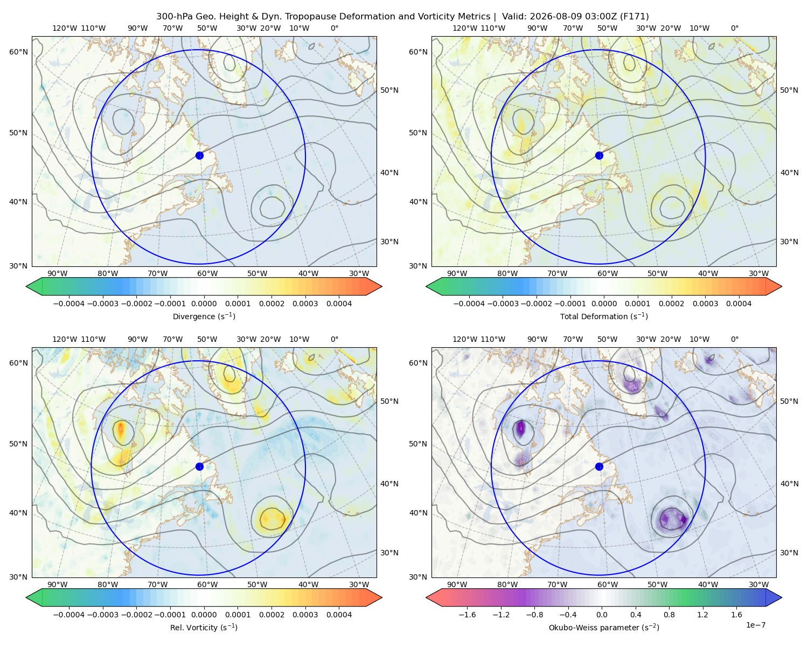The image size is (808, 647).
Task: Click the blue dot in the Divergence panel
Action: tap(199, 155)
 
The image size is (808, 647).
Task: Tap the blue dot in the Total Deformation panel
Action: tap(599, 155)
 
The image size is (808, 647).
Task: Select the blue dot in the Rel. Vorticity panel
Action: tap(199, 466)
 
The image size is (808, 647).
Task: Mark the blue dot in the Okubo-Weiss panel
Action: tap(599, 466)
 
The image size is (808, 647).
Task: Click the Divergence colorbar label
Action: tap(204, 316)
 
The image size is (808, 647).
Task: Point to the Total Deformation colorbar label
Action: tap(604, 316)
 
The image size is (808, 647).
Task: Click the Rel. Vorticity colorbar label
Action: tap(204, 627)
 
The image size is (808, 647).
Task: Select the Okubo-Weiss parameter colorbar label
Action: tap(604, 627)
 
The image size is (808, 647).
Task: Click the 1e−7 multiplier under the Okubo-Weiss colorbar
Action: tap(755, 625)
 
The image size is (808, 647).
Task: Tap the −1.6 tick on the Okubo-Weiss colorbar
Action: tap(467, 614)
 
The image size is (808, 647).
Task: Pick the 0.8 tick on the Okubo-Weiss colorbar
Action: tap(669, 614)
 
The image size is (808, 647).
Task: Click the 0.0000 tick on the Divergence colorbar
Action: tap(204, 304)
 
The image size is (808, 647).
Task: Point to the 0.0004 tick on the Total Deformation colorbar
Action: tap(739, 304)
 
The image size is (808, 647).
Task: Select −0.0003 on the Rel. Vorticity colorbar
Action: tap(102, 614)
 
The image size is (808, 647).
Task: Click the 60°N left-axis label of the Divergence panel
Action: tap(18, 52)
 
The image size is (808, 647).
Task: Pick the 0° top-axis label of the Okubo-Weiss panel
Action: tap(734, 339)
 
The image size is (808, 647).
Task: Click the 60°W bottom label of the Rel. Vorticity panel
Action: tap(207, 584)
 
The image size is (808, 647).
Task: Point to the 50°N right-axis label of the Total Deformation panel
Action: tap(789, 90)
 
